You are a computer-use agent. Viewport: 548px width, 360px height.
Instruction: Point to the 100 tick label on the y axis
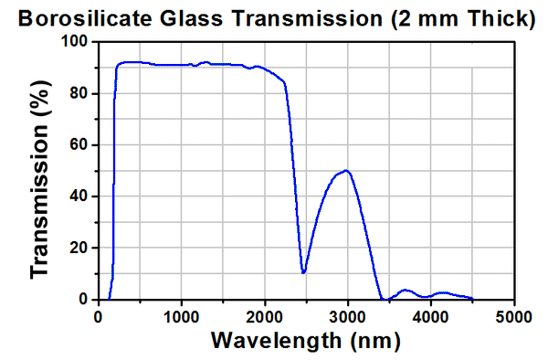pos(76,42)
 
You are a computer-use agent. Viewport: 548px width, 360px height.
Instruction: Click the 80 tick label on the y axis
pos(80,93)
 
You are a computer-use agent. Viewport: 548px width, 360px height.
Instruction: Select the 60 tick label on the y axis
pos(80,144)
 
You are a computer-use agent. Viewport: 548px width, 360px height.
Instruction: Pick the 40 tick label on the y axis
pos(80,196)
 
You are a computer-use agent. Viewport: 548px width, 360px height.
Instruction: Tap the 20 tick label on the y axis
pos(80,248)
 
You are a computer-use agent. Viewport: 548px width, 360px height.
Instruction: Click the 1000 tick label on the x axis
pos(182,316)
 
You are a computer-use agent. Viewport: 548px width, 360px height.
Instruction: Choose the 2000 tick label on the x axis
pos(265,316)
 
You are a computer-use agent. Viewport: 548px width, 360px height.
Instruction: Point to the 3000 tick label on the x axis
pos(348,316)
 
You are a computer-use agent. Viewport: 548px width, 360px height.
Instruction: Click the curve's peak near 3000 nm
pos(346,171)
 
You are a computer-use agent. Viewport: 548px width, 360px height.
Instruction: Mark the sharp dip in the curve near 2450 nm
pos(303,272)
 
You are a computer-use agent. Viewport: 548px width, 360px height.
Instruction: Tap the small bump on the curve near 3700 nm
pos(406,290)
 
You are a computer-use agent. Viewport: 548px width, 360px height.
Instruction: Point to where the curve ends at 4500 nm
pos(472,299)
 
